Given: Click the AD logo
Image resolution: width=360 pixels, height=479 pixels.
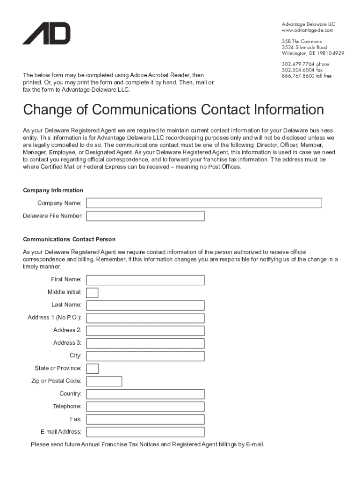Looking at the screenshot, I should point(46,33).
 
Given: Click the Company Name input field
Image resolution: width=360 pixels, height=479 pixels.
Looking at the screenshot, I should point(204,203).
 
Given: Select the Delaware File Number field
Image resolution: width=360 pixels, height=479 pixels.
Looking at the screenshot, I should point(145,216).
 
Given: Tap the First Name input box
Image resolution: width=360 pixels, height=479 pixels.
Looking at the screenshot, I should point(145,280).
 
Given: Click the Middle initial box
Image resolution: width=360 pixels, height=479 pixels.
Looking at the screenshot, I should point(93,292).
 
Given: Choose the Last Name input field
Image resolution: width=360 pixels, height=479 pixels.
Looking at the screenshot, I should point(145,305).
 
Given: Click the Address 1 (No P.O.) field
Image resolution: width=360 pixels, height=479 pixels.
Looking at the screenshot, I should point(145,318).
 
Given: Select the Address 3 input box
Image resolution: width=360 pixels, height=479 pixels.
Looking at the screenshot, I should point(145,343).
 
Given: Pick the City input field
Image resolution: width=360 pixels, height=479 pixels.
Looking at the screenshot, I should point(145,356).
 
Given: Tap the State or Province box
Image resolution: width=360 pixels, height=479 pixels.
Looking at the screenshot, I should point(93,369).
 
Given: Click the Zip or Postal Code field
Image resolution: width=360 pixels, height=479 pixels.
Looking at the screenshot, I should point(104,381).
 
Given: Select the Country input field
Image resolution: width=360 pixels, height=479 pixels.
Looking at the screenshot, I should point(145,394).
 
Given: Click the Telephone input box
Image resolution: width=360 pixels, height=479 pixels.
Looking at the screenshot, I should point(145,406).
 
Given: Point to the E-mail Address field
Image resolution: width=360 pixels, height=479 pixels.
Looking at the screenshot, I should point(145,432).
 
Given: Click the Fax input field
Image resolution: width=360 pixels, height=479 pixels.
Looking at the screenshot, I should point(145,419).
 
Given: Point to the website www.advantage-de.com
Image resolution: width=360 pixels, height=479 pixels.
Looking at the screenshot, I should point(307,30).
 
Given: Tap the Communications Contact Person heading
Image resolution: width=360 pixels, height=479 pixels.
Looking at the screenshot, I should point(69,239).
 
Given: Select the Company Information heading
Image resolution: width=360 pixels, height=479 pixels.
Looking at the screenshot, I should point(53,190).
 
